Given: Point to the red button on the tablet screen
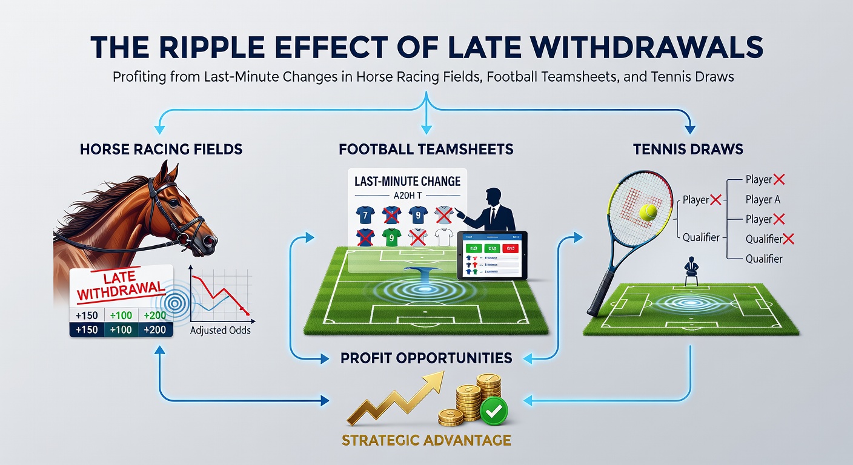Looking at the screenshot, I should tap(512, 247).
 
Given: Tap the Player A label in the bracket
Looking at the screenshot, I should tap(762, 199).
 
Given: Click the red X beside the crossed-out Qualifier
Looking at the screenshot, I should tap(788, 239).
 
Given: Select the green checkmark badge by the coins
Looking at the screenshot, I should tap(494, 410).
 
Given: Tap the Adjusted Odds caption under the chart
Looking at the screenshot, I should tap(220, 331).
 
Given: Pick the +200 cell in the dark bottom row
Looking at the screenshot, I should tap(154, 330).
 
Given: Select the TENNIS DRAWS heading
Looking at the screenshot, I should tap(689, 148).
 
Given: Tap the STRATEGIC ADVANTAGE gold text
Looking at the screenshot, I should tap(426, 440).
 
